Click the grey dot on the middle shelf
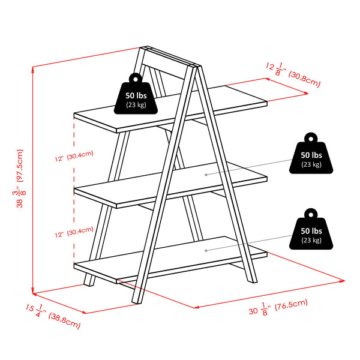(x=206, y=175)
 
